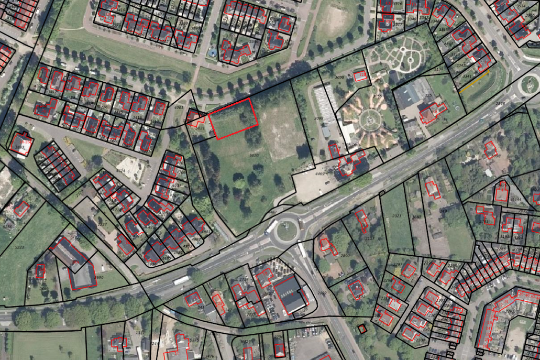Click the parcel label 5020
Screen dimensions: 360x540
(x=254, y=156)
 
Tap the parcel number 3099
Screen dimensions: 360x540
(x=318, y=119)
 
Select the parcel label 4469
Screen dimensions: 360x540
(x=320, y=173)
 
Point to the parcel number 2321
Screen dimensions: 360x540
(x=396, y=216)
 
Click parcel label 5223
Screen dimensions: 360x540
(x=19, y=247)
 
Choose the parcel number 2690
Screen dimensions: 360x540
(x=98, y=278)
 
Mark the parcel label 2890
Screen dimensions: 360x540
(x=345, y=255)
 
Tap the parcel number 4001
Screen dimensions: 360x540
(x=179, y=107)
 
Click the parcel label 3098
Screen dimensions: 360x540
(x=339, y=77)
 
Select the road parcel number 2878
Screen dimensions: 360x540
(x=500, y=103)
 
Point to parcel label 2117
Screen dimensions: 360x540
(x=370, y=238)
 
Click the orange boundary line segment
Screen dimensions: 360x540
(x=475, y=83)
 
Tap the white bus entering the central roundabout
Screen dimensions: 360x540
(x=271, y=227)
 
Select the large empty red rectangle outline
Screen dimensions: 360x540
(x=233, y=119)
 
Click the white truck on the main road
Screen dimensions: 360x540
(x=181, y=280)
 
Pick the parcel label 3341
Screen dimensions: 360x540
(x=467, y=77)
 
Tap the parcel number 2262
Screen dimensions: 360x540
(x=509, y=311)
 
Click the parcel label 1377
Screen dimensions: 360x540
(x=139, y=333)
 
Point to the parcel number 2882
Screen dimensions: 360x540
(x=322, y=293)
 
